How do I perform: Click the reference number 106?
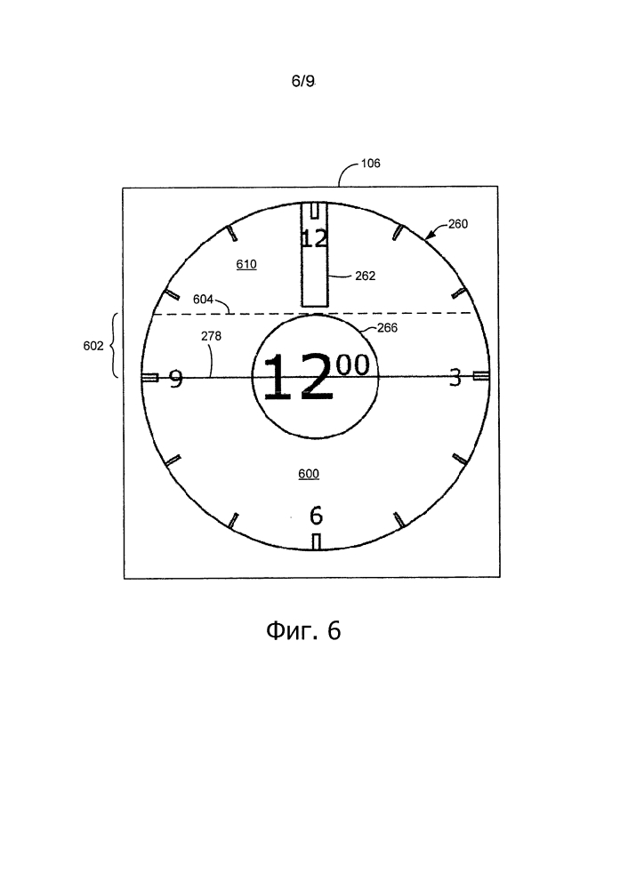(x=370, y=164)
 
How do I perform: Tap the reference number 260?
(x=458, y=224)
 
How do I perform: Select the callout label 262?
(x=366, y=276)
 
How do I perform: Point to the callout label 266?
(x=388, y=328)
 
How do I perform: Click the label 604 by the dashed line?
(x=203, y=299)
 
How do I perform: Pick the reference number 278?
(x=211, y=336)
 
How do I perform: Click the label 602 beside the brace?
(x=93, y=345)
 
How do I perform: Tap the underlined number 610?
(x=246, y=264)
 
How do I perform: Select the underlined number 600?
(x=309, y=474)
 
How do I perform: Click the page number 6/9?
(x=303, y=81)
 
